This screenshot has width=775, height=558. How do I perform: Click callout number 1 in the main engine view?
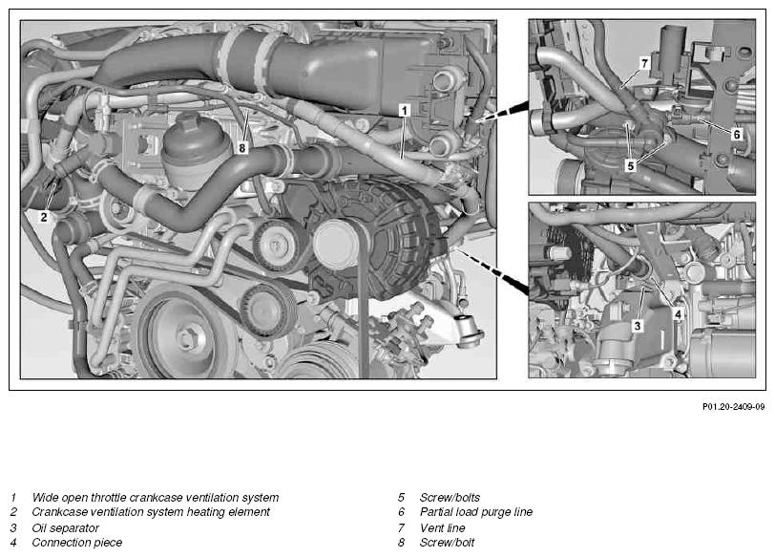405,110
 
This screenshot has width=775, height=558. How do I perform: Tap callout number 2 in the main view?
44,217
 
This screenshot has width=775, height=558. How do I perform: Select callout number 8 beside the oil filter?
241,147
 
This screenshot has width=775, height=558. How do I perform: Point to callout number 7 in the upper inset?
644,63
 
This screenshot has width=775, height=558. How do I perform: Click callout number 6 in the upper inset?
737,134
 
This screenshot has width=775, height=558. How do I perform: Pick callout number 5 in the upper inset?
630,165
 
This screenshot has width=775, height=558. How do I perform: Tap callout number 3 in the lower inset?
638,326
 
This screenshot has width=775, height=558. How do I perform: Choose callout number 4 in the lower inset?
678,314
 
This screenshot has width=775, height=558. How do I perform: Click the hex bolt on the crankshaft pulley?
187,338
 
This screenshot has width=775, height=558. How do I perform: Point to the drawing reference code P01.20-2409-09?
733,407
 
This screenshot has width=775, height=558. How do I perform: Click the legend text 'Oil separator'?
65,527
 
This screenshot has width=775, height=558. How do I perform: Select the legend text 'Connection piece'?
76,543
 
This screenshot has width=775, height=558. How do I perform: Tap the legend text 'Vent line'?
442,527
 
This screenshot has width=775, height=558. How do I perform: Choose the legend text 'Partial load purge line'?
476,512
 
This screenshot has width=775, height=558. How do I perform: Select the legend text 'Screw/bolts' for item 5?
450,497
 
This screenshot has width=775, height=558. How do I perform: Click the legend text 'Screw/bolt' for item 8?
447,543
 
